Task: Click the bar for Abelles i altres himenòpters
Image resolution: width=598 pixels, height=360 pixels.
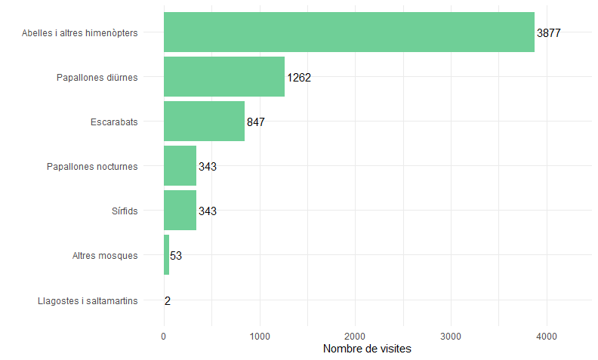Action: pos(349,32)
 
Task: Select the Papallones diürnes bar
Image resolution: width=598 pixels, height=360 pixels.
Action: pos(224,77)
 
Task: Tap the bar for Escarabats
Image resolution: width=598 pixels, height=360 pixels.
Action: pos(204,122)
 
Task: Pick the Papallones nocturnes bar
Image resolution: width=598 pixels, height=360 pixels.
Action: pos(180,166)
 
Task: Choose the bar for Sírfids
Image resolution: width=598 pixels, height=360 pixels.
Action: pos(180,211)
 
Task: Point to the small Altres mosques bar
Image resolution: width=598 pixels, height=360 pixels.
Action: pos(166,255)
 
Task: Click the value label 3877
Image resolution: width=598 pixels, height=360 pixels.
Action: pos(549,33)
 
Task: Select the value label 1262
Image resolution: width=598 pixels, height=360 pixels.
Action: pos(299,78)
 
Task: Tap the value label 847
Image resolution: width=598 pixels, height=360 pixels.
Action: pos(256,122)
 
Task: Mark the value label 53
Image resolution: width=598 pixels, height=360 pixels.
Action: pos(176,256)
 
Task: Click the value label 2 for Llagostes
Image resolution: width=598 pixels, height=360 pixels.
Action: pos(168,300)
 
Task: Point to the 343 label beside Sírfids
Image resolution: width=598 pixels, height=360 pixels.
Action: pos(208,211)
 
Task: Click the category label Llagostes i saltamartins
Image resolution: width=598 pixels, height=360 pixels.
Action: pos(88,301)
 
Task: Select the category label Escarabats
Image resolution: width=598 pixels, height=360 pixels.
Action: pos(114,122)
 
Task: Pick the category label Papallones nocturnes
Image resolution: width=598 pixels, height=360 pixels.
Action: pos(92,167)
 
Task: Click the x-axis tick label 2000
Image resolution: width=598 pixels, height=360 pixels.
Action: pos(356,336)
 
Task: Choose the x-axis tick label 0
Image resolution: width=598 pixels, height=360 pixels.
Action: pos(164,336)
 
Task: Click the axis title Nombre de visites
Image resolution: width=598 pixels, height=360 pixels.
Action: pos(367,349)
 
